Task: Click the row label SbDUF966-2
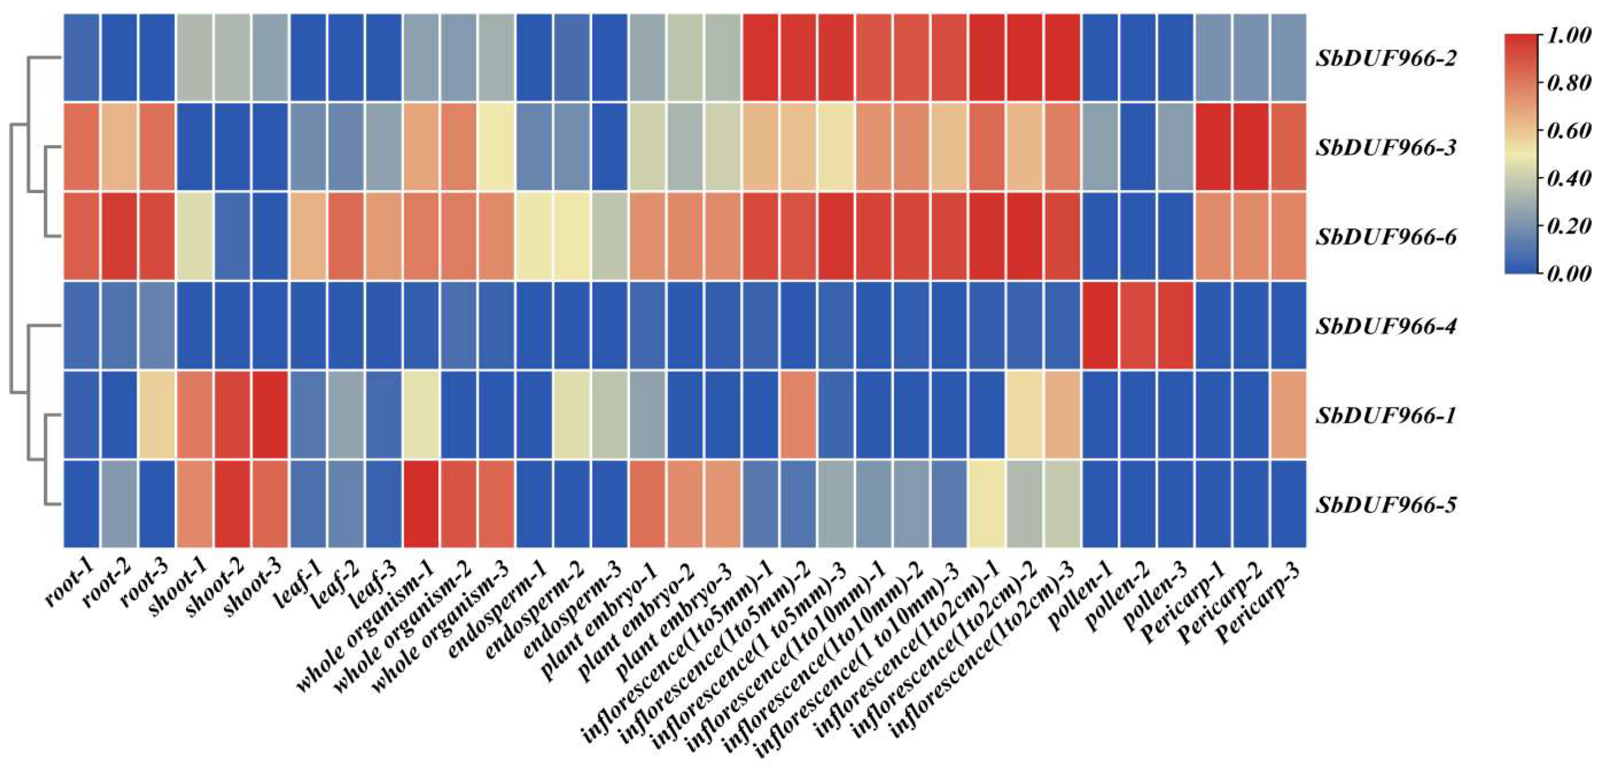point(1386,59)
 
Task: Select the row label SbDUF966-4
point(1386,326)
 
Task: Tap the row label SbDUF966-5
point(1386,505)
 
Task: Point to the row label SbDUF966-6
point(1386,237)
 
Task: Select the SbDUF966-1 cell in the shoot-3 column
point(270,414)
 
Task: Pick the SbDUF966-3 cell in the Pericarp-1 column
point(1213,147)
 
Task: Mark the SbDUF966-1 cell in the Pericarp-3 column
point(1288,414)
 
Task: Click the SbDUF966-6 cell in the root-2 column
point(119,236)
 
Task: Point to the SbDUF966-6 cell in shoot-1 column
point(195,236)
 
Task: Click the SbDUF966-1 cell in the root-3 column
point(157,414)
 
